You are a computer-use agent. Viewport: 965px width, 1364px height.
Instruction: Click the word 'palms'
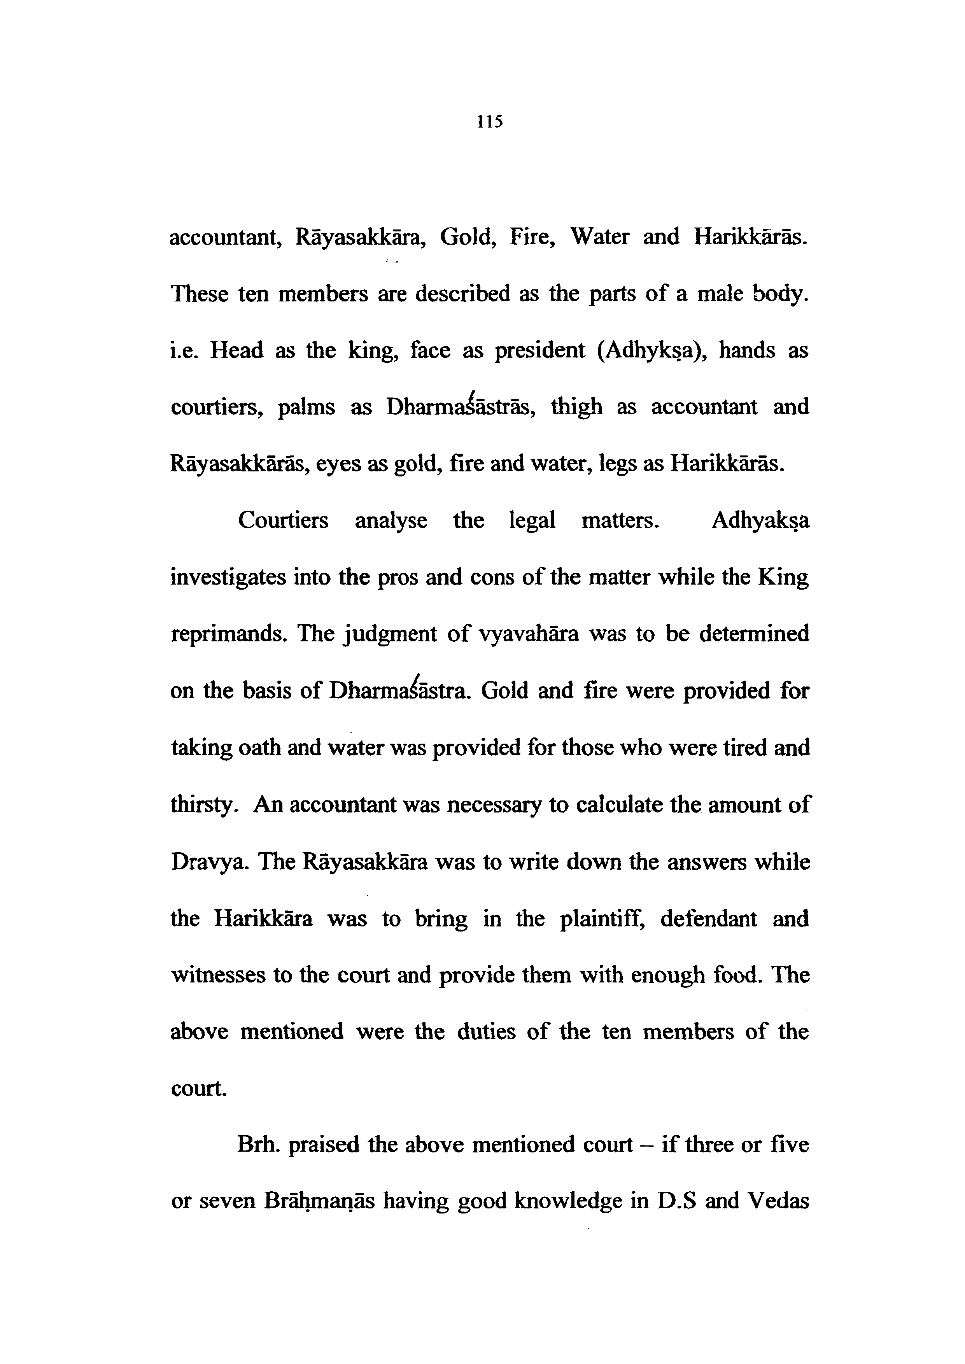[306, 408]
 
